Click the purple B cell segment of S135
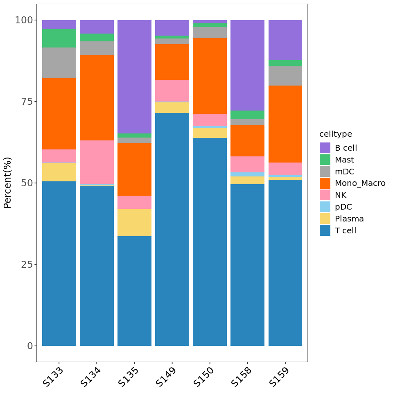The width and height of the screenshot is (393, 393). [134, 77]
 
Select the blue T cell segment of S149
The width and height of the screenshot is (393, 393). [172, 229]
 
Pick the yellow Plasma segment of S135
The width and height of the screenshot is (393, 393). [134, 223]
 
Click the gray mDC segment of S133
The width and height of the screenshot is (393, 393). [59, 63]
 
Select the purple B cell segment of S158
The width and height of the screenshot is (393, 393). [247, 65]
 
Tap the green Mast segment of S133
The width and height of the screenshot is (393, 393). [59, 38]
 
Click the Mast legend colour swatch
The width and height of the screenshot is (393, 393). [325, 160]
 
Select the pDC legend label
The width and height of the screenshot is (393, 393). [343, 207]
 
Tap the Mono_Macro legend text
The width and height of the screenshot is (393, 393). [360, 183]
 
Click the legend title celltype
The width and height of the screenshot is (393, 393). [335, 134]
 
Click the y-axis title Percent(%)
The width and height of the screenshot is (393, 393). [8, 183]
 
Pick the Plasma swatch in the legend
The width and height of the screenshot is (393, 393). [325, 219]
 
